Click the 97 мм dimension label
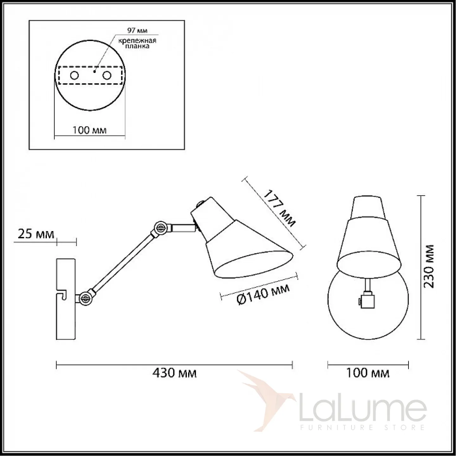tap(137, 30)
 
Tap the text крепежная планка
tap(137, 43)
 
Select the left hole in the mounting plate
tap(74, 75)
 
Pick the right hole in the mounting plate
tap(107, 75)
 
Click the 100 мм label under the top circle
tap(89, 130)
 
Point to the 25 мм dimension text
tap(36, 234)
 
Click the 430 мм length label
tap(174, 373)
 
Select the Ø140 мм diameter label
tap(263, 294)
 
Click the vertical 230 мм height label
tap(429, 266)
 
